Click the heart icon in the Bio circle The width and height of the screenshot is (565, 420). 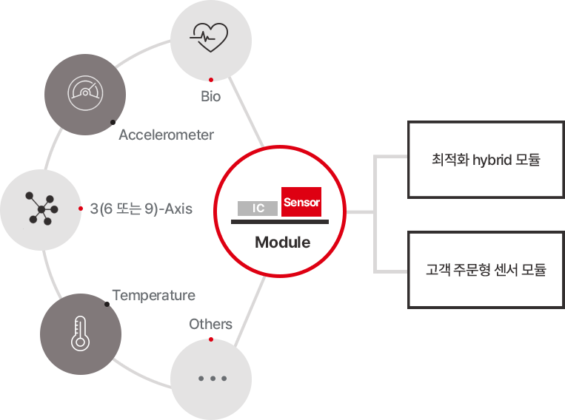[210, 38]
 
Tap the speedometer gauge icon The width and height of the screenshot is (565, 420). [85, 93]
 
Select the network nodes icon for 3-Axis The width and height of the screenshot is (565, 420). [41, 209]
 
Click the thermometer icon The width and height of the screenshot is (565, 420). [80, 333]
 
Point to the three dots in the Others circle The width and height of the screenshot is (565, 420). [213, 379]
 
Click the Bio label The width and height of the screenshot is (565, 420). [211, 96]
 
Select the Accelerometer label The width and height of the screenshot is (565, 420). [166, 135]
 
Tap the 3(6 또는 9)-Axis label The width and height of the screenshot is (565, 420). [141, 209]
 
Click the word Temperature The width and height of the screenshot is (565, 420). [154, 295]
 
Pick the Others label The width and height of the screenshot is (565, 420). [211, 324]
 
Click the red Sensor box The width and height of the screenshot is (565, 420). [301, 202]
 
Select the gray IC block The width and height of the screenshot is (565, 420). [258, 208]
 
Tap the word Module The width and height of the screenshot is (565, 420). [283, 243]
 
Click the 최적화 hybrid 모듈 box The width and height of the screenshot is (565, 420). [486, 160]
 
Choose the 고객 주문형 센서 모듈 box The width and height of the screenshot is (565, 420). [486, 270]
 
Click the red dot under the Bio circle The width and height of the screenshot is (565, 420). [211, 80]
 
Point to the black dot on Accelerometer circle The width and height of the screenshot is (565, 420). [113, 122]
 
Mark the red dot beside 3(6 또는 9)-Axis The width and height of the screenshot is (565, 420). [81, 209]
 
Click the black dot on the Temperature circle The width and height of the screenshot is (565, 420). [107, 305]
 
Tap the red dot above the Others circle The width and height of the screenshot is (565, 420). [211, 339]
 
